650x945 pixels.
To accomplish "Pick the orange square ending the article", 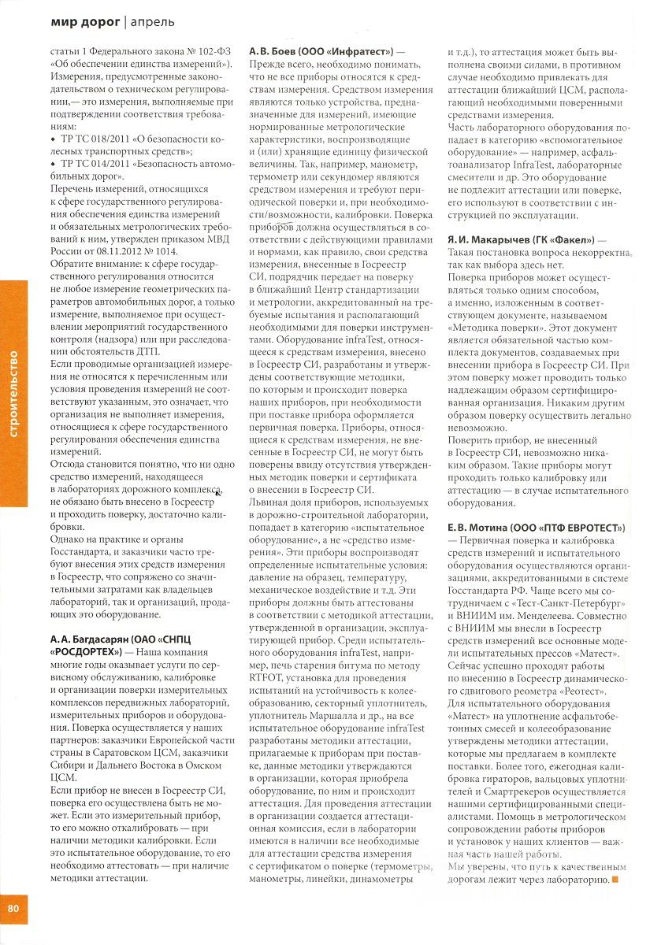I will pos(615,879).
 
